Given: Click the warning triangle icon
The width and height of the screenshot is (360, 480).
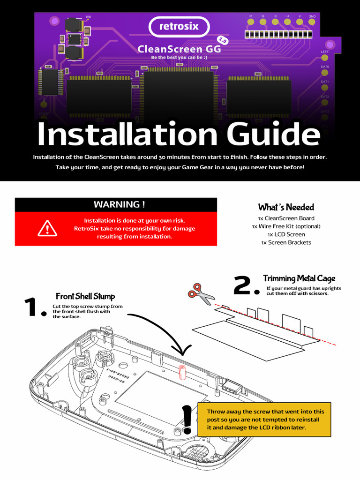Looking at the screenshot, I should click(x=47, y=228).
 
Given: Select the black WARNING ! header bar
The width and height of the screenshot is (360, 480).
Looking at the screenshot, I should click(x=116, y=204).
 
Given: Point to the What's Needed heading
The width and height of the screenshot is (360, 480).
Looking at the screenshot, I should click(x=286, y=207).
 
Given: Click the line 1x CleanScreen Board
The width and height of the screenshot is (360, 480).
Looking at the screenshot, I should click(x=286, y=218).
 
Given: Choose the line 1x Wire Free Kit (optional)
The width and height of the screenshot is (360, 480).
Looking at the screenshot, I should click(x=286, y=226).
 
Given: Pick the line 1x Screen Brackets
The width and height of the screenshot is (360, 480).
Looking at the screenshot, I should click(x=286, y=242).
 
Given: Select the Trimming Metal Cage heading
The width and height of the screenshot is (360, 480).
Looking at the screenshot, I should click(x=299, y=279).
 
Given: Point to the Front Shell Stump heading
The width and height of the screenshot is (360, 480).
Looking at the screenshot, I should click(x=85, y=296).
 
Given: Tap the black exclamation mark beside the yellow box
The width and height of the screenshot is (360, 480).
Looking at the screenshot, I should click(x=187, y=420).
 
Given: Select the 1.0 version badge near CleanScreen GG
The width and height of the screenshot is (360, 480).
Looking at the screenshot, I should click(x=223, y=41).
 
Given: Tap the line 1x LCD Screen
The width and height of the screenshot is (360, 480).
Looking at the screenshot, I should click(x=286, y=234).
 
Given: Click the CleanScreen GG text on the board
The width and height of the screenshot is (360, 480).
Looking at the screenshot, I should click(x=176, y=49).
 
